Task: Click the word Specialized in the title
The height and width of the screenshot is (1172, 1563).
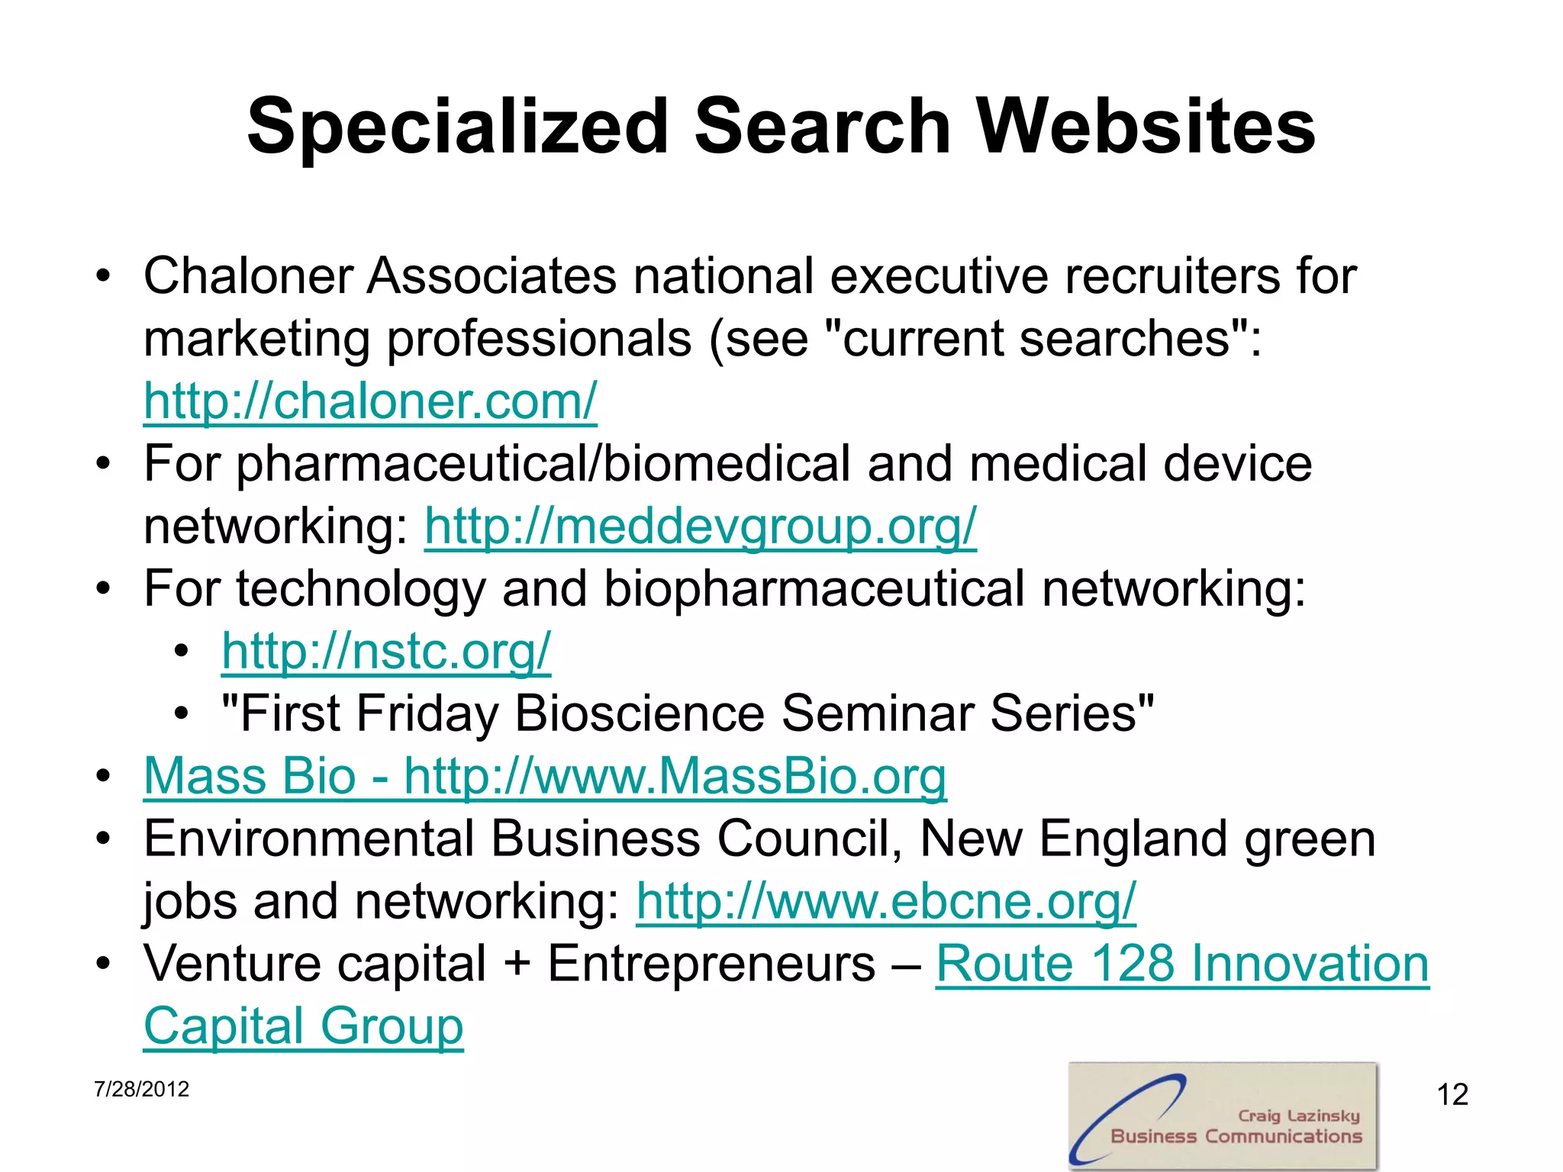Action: point(457,126)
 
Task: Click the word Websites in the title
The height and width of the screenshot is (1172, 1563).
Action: point(1146,126)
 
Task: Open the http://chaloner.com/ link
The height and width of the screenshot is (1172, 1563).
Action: point(370,401)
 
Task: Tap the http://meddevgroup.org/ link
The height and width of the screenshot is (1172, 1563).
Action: point(700,526)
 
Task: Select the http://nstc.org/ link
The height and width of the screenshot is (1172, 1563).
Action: point(386,651)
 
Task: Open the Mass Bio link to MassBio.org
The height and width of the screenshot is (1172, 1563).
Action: point(545,776)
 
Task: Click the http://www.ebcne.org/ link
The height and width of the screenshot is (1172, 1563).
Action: point(886,901)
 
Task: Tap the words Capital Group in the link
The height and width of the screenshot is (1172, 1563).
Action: point(303,1026)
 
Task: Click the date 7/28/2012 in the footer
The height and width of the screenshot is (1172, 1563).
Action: point(141,1089)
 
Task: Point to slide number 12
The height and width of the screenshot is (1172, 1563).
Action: point(1452,1095)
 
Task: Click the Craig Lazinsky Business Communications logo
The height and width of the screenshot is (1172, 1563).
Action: point(1223,1116)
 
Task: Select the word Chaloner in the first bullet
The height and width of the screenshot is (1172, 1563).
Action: point(247,275)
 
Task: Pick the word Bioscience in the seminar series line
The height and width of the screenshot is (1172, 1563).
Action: point(640,713)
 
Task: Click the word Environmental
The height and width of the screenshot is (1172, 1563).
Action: point(308,839)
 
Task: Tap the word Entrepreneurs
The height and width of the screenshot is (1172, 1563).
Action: point(711,964)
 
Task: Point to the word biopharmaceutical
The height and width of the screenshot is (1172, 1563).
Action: point(814,589)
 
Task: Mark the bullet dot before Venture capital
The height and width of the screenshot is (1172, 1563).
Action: point(104,962)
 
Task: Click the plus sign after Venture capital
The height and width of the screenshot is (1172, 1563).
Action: point(517,964)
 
